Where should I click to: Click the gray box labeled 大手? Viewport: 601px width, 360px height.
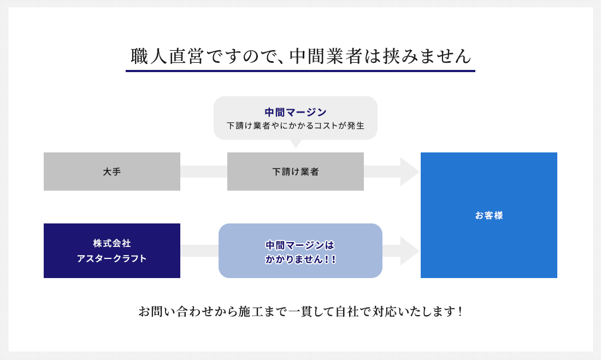[x=112, y=172]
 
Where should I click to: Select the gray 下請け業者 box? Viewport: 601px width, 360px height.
[x=296, y=172]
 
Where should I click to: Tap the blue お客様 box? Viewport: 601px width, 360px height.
[x=488, y=215]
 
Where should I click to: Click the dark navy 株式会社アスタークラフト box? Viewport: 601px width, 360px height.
[x=112, y=251]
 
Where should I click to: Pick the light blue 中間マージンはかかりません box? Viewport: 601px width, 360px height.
[x=300, y=251]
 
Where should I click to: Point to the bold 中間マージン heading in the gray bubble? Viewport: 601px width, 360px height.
[x=296, y=113]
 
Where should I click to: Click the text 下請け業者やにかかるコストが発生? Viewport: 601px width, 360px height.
[x=296, y=126]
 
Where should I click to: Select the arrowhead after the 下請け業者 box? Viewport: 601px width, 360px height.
[x=410, y=172]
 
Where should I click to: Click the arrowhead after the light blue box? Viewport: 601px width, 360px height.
[x=410, y=251]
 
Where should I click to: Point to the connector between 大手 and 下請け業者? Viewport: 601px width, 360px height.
[x=204, y=172]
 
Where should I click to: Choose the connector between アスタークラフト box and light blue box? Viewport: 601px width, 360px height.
[x=199, y=251]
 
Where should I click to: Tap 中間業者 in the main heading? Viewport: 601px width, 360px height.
[x=326, y=56]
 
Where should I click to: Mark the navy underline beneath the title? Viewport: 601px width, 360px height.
[x=300, y=71]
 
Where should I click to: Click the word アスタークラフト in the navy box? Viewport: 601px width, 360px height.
[x=112, y=258]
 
